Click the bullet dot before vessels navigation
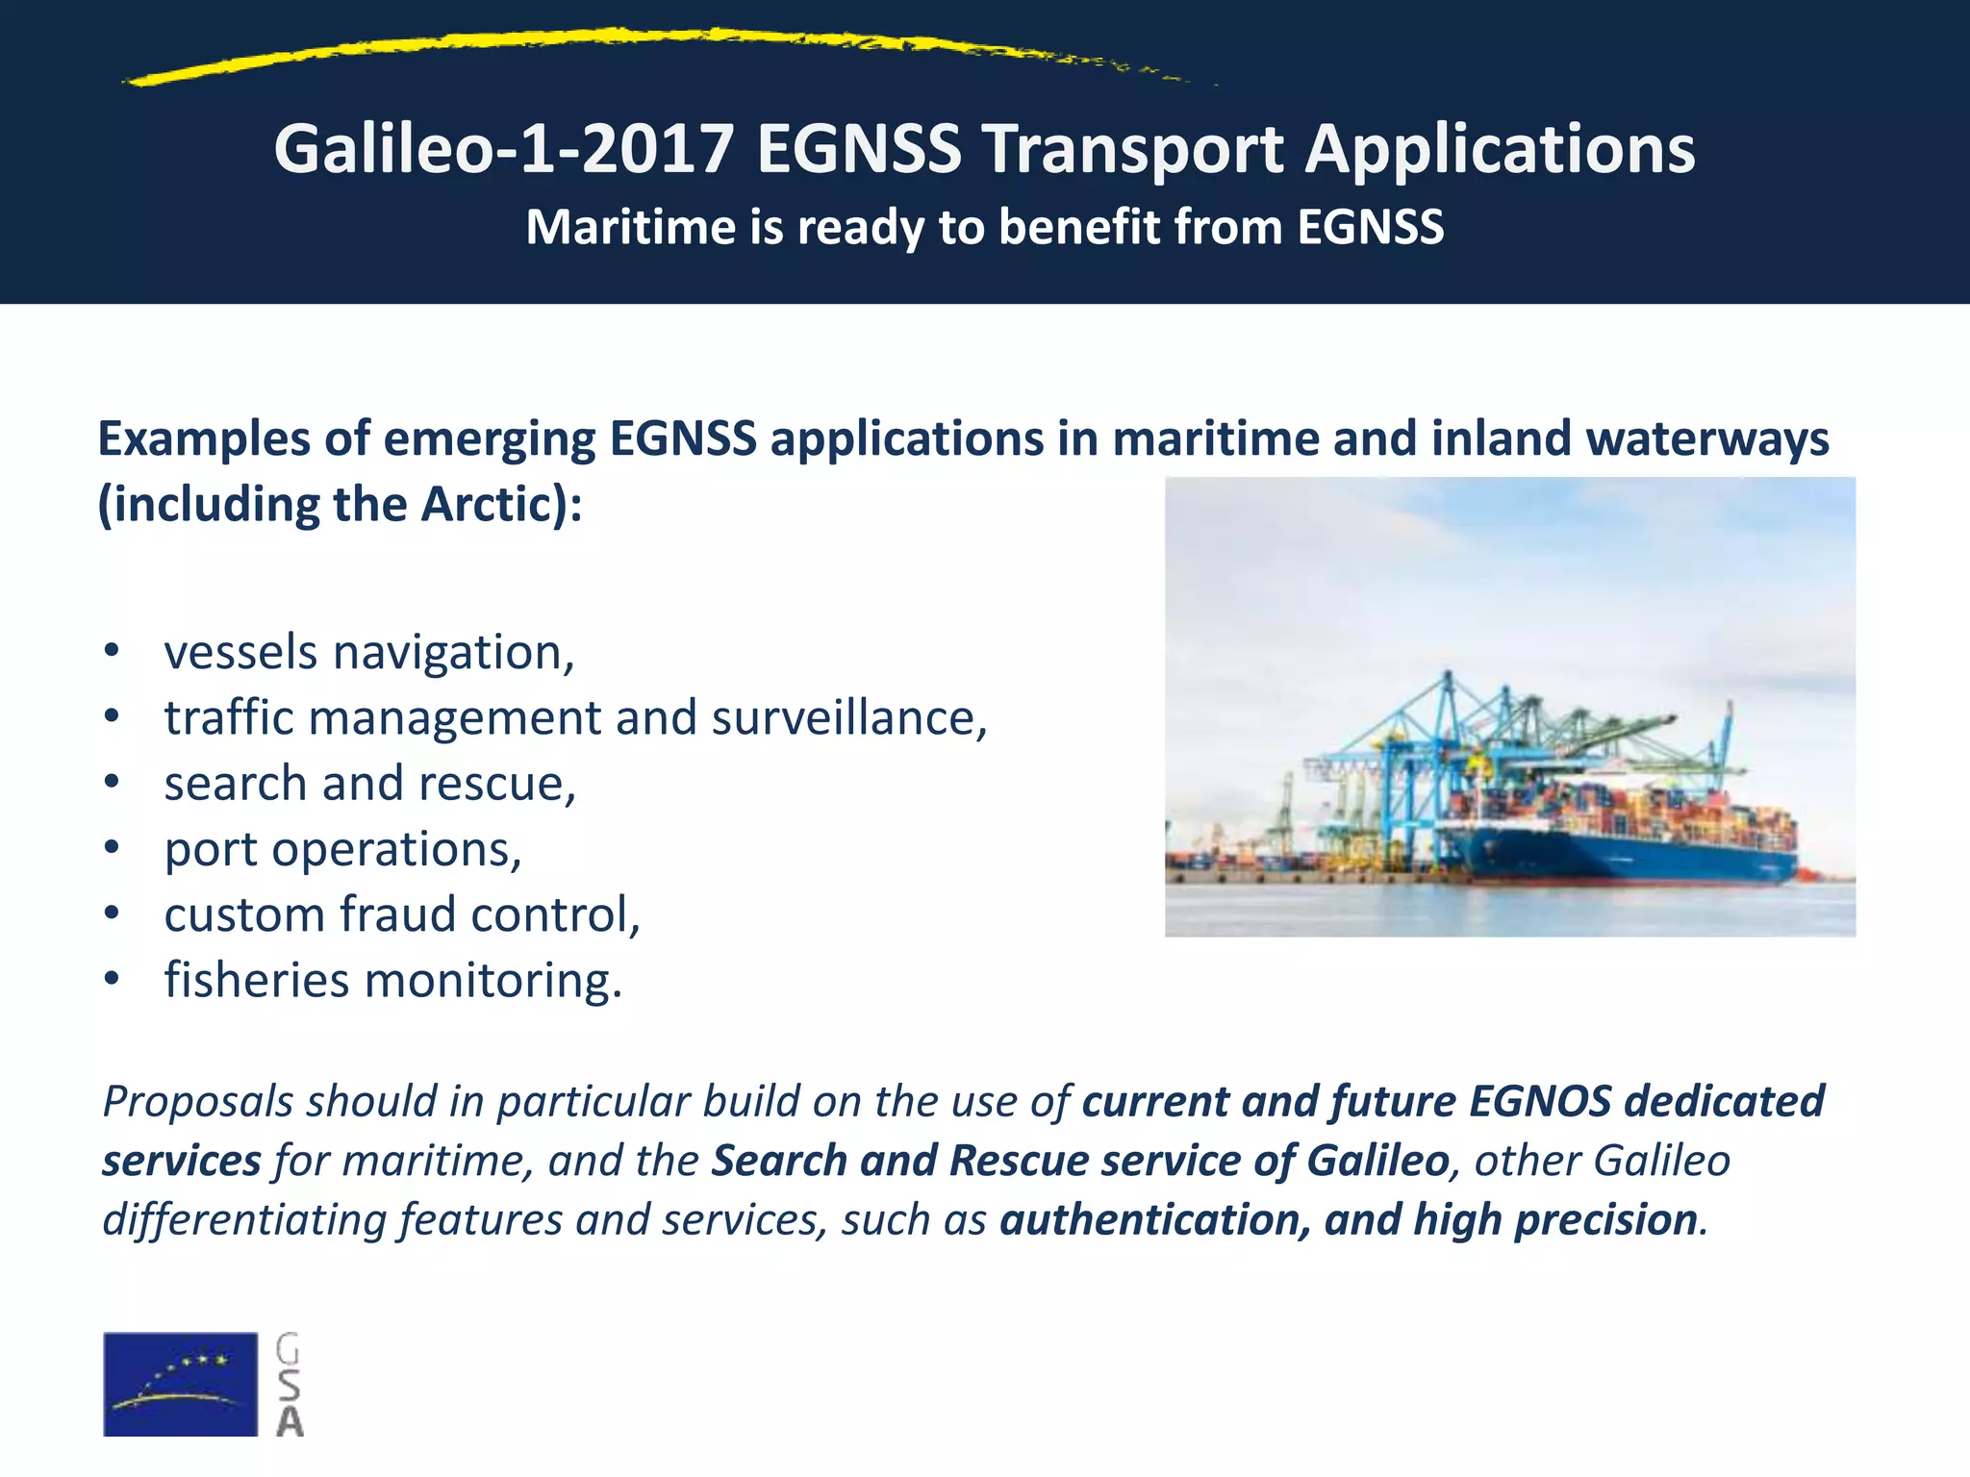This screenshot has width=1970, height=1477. pos(113,651)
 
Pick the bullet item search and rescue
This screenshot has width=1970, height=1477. pos(369,784)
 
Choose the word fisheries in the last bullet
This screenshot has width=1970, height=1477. pos(257,980)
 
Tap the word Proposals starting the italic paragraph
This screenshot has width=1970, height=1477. pos(198,1102)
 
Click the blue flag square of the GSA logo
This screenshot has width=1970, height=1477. pos(180,1384)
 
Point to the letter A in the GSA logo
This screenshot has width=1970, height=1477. pos(289,1421)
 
